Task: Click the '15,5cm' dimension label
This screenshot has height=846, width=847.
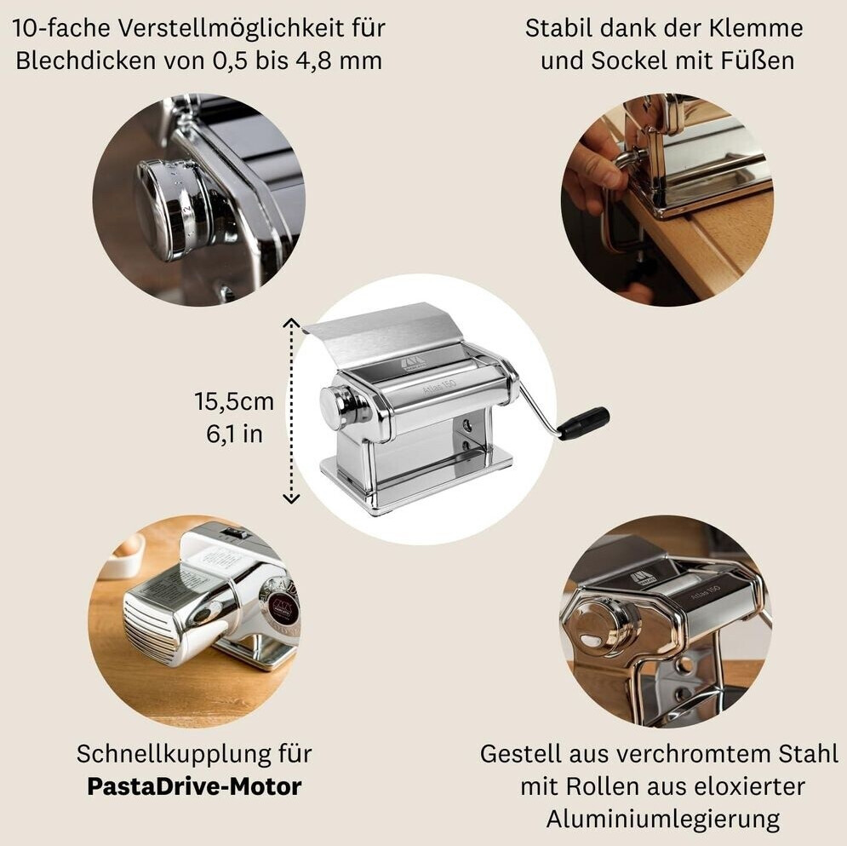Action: tap(234, 401)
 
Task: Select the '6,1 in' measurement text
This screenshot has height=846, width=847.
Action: tap(234, 435)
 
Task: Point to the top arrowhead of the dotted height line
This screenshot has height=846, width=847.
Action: tap(292, 323)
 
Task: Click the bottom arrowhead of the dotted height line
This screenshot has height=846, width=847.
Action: tap(292, 498)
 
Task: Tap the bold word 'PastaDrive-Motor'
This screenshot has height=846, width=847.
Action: tap(194, 786)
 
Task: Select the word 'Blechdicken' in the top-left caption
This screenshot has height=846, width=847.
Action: tap(86, 60)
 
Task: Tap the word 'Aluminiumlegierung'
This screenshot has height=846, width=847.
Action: tap(663, 819)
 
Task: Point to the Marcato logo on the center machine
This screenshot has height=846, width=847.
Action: tap(413, 363)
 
